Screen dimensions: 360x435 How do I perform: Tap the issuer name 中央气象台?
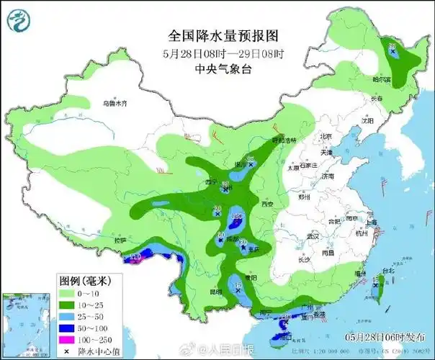pos(217,68)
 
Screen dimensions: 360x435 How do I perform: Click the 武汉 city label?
pos(312,235)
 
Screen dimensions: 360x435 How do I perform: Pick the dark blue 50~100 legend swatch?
pos(66,325)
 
